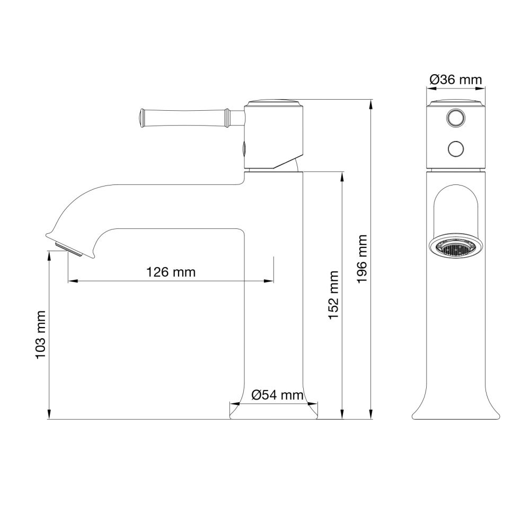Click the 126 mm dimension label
coord(171,272)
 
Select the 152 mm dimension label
coord(333,295)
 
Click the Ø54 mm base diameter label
coord(278,395)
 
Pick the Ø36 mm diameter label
coord(456,79)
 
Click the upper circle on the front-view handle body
coord(455,118)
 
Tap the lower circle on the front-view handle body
coord(455,149)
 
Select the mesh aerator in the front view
coord(455,247)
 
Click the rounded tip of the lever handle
coord(142,117)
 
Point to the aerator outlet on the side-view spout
coord(68,248)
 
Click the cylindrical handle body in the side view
coord(273,135)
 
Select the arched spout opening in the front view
coord(455,209)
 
